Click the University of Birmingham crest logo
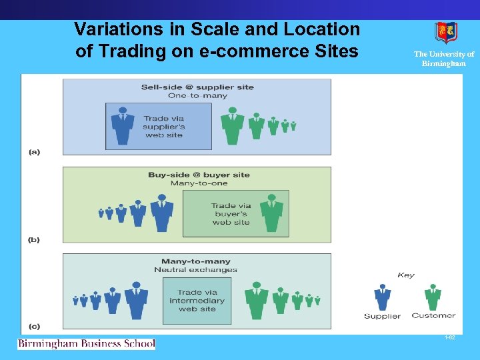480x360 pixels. coord(446,33)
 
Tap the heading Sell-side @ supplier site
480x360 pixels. coord(197,87)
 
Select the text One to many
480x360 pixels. coord(197,95)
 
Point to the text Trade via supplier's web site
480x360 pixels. coord(165,127)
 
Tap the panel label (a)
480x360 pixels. coord(34,152)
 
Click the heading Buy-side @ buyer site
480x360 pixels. coord(199,175)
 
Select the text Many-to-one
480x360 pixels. coord(199,183)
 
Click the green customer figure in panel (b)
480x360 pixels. coord(271,213)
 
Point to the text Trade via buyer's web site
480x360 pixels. coord(231,214)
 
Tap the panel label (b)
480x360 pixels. coord(34,239)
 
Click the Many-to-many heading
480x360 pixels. coord(196,261)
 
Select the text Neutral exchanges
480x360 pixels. coord(196,270)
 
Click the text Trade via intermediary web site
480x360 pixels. coord(197,301)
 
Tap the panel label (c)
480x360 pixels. coord(34,326)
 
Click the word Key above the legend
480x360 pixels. coord(405,275)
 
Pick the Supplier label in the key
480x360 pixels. coord(382,316)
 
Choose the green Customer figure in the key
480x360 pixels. coord(433,297)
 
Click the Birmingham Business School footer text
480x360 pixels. coord(87,344)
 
